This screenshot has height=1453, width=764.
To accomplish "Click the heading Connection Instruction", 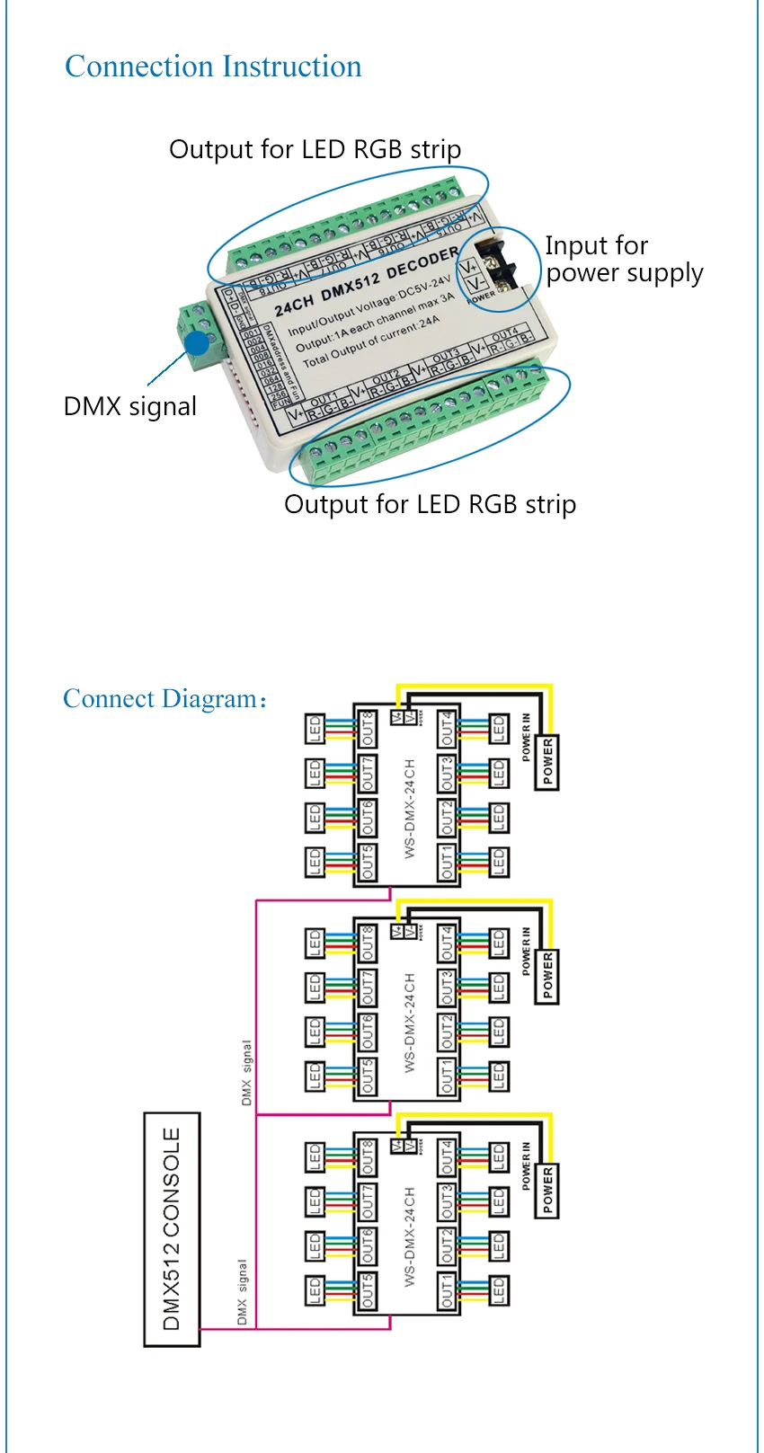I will pos(213,66).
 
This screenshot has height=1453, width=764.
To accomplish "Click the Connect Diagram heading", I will pos(163,699).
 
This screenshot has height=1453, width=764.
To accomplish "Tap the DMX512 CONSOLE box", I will pos(172,1228).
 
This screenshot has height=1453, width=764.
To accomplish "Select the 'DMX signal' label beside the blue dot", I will pos(130,406).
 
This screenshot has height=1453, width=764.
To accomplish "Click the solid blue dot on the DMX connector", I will pos(198,343).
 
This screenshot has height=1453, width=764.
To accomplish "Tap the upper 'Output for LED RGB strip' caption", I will pos(315,149).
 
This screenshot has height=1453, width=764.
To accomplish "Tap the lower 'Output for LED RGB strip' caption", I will pos(430,504).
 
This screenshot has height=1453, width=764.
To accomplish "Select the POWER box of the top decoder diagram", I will pos(547,761).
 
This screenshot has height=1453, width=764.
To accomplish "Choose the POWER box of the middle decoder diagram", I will pos(547,976).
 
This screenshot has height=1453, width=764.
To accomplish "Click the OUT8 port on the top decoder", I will pos(368,729).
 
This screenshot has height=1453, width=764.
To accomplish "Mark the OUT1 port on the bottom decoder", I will pos(447,1290).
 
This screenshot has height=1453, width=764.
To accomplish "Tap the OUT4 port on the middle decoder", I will pos(447,943).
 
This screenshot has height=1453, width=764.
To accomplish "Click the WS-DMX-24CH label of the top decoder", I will pos(410,808).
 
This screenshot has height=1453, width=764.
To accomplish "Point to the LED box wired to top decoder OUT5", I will pos(315,863).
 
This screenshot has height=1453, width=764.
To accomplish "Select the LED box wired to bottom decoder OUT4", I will pos(499,1157).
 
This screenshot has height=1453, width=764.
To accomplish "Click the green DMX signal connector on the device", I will pos(200,334).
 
